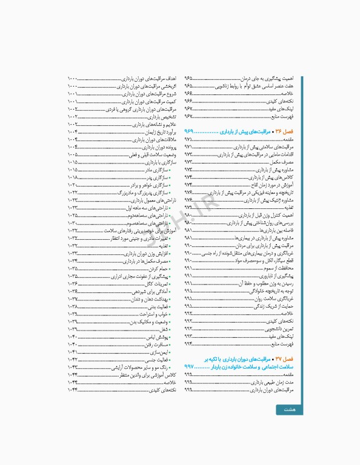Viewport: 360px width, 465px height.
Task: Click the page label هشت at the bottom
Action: coord(289,410)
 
